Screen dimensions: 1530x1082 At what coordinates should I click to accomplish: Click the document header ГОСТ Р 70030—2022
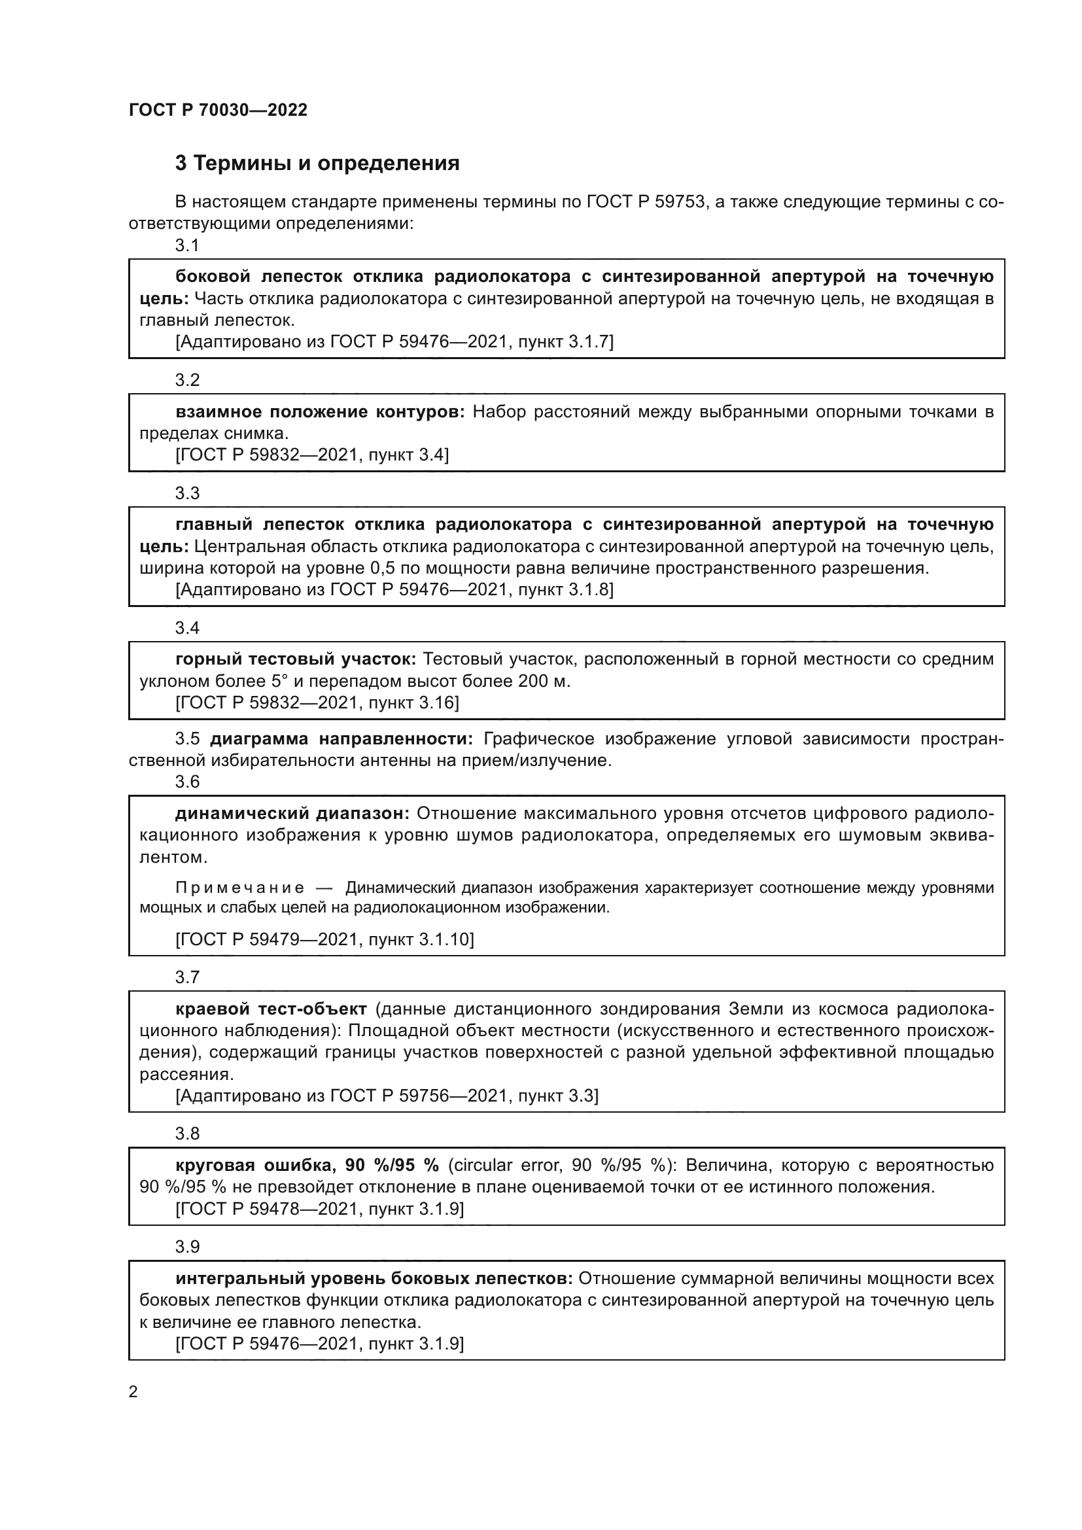pos(218,110)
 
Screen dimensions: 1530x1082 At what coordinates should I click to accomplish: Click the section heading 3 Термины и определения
pos(317,163)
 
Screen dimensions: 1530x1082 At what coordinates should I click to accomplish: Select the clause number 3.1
pos(187,245)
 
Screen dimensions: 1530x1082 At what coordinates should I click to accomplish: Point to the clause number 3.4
pos(187,628)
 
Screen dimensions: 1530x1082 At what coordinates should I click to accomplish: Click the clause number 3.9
pos(187,1246)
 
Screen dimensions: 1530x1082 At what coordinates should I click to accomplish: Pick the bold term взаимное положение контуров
pos(320,412)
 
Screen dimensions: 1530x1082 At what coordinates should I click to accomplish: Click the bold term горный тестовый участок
pos(296,659)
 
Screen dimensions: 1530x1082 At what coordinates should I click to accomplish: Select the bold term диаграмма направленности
pos(341,739)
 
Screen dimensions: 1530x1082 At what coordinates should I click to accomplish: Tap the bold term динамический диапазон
pos(292,813)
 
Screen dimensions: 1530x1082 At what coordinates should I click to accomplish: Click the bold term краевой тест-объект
pos(271,1008)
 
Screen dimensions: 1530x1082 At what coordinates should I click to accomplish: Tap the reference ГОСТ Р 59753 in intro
pos(646,201)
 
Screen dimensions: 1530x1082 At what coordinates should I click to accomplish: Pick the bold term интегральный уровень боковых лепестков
pos(374,1278)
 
